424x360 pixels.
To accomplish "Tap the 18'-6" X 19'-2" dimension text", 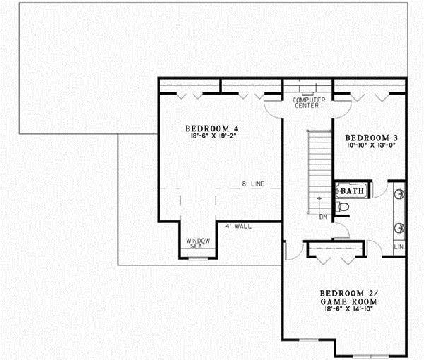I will click(x=212, y=138).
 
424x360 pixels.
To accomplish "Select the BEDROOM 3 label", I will click(x=367, y=137).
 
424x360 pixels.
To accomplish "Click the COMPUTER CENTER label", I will click(x=309, y=104).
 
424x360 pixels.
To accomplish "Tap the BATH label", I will click(x=351, y=191).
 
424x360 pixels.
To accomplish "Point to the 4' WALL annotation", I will click(x=237, y=227).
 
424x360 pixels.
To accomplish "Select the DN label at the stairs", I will click(x=322, y=216).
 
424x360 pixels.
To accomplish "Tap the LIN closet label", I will click(x=399, y=247).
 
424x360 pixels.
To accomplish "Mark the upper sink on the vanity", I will click(x=399, y=192).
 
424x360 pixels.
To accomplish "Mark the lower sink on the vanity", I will click(x=399, y=227).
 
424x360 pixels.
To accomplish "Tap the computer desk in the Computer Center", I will click(x=308, y=92).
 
